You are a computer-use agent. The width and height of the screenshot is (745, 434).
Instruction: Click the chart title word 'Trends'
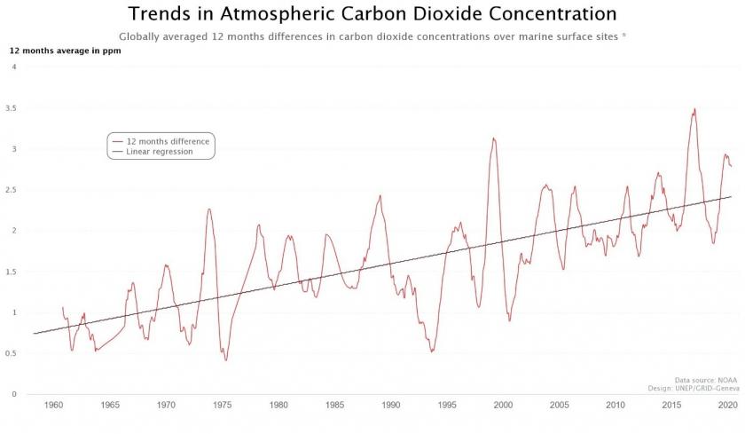pos(164,14)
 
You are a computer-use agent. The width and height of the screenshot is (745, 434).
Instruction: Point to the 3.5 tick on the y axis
pos(12,108)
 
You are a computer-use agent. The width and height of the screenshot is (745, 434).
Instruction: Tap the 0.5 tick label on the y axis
pos(12,353)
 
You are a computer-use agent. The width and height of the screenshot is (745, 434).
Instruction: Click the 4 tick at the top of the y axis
pos(14,67)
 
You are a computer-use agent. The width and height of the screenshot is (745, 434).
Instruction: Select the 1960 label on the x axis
pos(53,406)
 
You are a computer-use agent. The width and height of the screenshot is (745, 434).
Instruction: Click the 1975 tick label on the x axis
pos(223,406)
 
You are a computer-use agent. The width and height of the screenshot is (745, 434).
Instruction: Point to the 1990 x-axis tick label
pos(390,406)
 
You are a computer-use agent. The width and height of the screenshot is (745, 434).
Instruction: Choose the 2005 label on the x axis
pos(559,406)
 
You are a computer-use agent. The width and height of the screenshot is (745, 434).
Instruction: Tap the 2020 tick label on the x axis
pos(727,406)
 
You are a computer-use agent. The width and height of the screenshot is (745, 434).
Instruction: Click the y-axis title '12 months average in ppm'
pos(65,51)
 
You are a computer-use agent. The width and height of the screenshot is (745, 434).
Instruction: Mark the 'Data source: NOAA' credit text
pos(706,379)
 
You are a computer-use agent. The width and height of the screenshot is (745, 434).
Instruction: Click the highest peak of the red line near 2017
pos(694,109)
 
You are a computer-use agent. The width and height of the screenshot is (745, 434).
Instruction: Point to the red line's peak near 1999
pos(494,138)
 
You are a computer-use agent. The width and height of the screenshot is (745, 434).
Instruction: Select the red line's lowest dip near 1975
pos(225,359)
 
